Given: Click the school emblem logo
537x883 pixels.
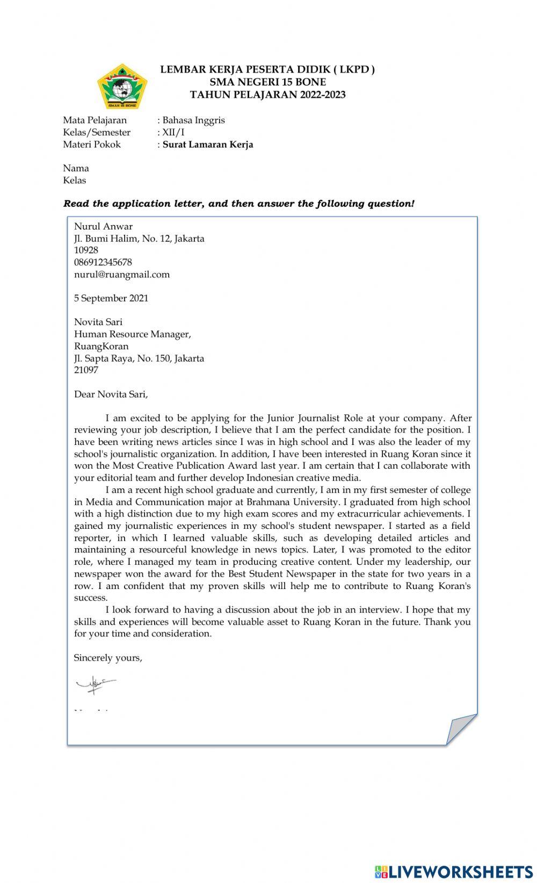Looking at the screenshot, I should [x=122, y=86].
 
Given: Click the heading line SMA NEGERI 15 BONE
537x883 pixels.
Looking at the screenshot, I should [x=267, y=82].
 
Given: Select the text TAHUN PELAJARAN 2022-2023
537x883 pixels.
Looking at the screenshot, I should [x=267, y=95].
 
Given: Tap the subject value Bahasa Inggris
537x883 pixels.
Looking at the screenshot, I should [x=193, y=120].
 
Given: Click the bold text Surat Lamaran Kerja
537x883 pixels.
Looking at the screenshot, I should [x=208, y=145].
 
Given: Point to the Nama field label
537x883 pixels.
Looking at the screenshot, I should [x=76, y=168].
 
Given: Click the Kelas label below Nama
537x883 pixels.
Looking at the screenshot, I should [x=74, y=181].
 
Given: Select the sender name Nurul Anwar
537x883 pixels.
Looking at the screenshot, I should [x=103, y=226].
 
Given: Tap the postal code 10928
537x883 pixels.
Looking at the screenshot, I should [x=86, y=250].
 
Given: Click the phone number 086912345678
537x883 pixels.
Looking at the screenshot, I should [x=103, y=262].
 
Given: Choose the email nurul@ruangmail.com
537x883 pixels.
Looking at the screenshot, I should [x=121, y=275].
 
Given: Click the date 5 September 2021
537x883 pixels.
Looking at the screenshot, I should [x=111, y=298].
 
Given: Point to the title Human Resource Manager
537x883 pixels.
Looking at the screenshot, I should [x=132, y=334].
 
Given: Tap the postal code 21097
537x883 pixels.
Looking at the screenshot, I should [x=86, y=370].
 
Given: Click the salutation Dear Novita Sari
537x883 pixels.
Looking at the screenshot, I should [x=111, y=394].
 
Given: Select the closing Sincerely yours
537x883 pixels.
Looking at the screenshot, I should [x=107, y=658].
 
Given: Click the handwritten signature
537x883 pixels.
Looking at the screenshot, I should [x=95, y=684].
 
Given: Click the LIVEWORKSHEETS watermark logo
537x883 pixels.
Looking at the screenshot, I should [x=453, y=871].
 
